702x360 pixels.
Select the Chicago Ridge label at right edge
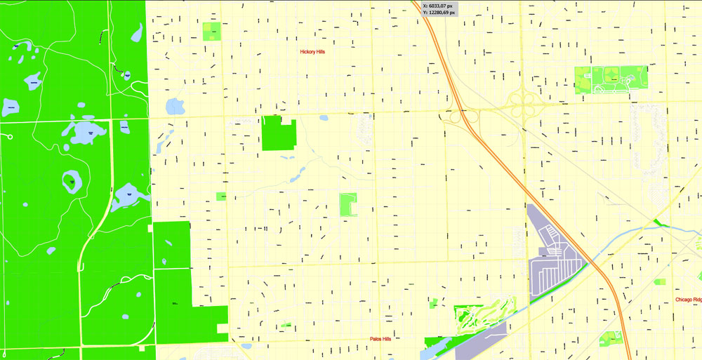(688, 300)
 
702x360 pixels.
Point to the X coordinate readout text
(439, 6)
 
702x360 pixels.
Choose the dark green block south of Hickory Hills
(278, 133)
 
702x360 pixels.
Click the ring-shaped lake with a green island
(72, 182)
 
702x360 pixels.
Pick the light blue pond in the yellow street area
(174, 107)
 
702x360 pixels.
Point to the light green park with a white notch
(348, 204)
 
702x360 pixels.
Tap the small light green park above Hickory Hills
(211, 31)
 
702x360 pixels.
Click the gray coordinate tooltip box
(439, 8)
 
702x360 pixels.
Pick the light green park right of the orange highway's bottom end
(611, 338)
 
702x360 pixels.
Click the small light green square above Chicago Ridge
(659, 281)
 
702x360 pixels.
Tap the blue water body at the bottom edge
(438, 347)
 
